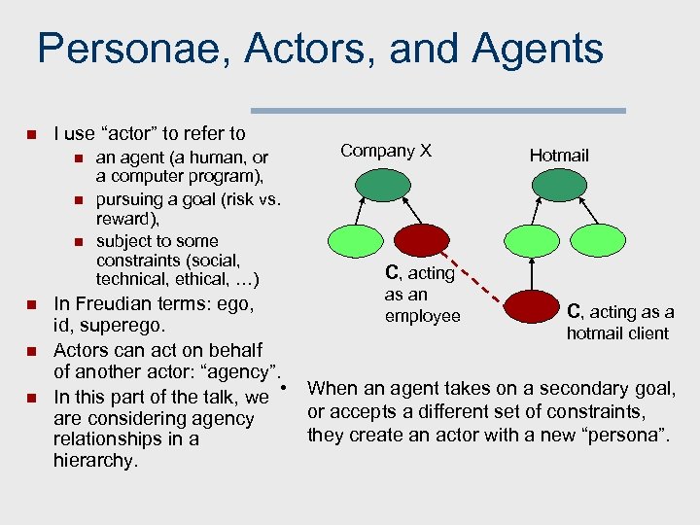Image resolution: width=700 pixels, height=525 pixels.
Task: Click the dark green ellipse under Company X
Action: [x=384, y=184]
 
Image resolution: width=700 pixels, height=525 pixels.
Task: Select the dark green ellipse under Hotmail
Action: [x=558, y=184]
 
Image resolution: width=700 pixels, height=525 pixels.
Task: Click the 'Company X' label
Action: [x=385, y=151]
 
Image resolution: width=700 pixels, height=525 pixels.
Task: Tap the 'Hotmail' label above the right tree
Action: [x=558, y=155]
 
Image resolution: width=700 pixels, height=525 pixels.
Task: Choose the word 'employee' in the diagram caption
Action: [x=422, y=317]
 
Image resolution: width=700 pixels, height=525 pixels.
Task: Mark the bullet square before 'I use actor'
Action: [x=30, y=134]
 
